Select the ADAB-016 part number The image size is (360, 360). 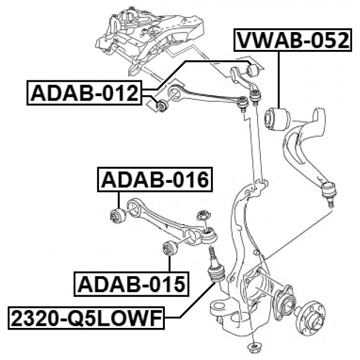pyautogui.click(x=155, y=180)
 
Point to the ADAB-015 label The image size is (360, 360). pyautogui.click(x=132, y=284)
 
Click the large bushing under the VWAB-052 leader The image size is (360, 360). pyautogui.click(x=276, y=118)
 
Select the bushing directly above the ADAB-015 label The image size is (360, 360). pyautogui.click(x=169, y=247)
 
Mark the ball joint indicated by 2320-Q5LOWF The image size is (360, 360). pyautogui.click(x=216, y=273)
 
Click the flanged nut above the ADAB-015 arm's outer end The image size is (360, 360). pyautogui.click(x=202, y=214)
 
